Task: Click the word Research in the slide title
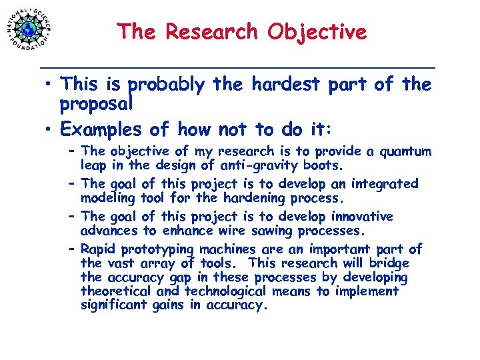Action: [215, 31]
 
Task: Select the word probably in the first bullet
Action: [167, 85]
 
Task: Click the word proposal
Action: [97, 104]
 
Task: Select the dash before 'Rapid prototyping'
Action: [72, 249]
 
